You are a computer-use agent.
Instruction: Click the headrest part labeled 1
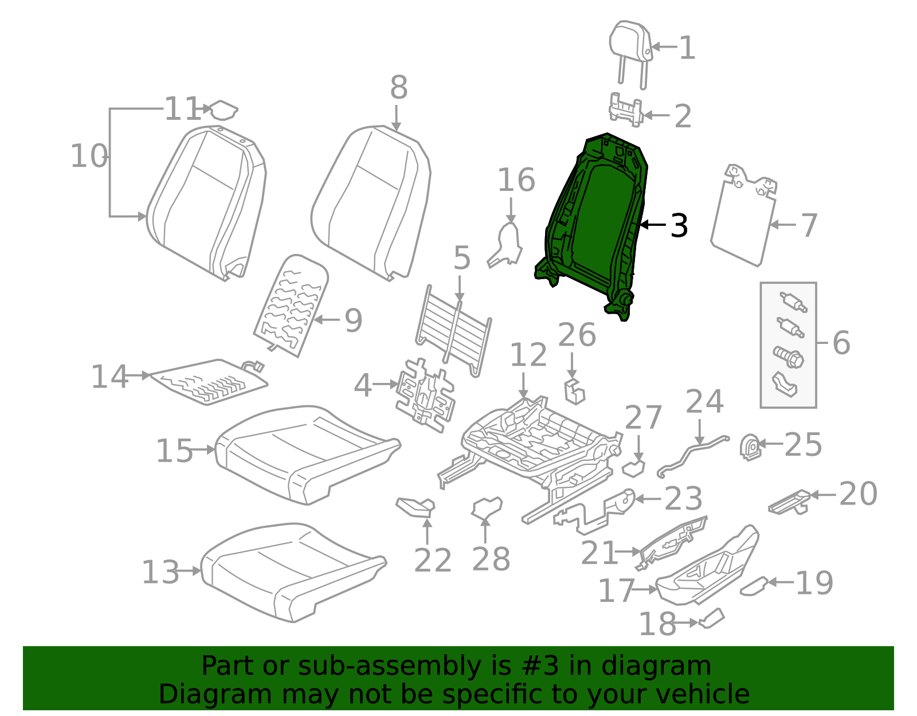[x=630, y=42]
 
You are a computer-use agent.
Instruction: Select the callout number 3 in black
[x=679, y=226]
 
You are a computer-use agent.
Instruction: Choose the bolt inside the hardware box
[x=789, y=358]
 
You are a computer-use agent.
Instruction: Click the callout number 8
[x=398, y=88]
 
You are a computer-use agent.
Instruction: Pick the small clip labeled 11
[x=223, y=109]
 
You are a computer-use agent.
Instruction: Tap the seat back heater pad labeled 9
[x=291, y=304]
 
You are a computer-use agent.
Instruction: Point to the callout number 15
[x=174, y=451]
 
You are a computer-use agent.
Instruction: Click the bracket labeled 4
[x=425, y=396]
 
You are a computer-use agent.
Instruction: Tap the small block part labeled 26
[x=575, y=392]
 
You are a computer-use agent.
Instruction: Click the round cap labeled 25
[x=750, y=447]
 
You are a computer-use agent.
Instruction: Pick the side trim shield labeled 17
[x=708, y=568]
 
